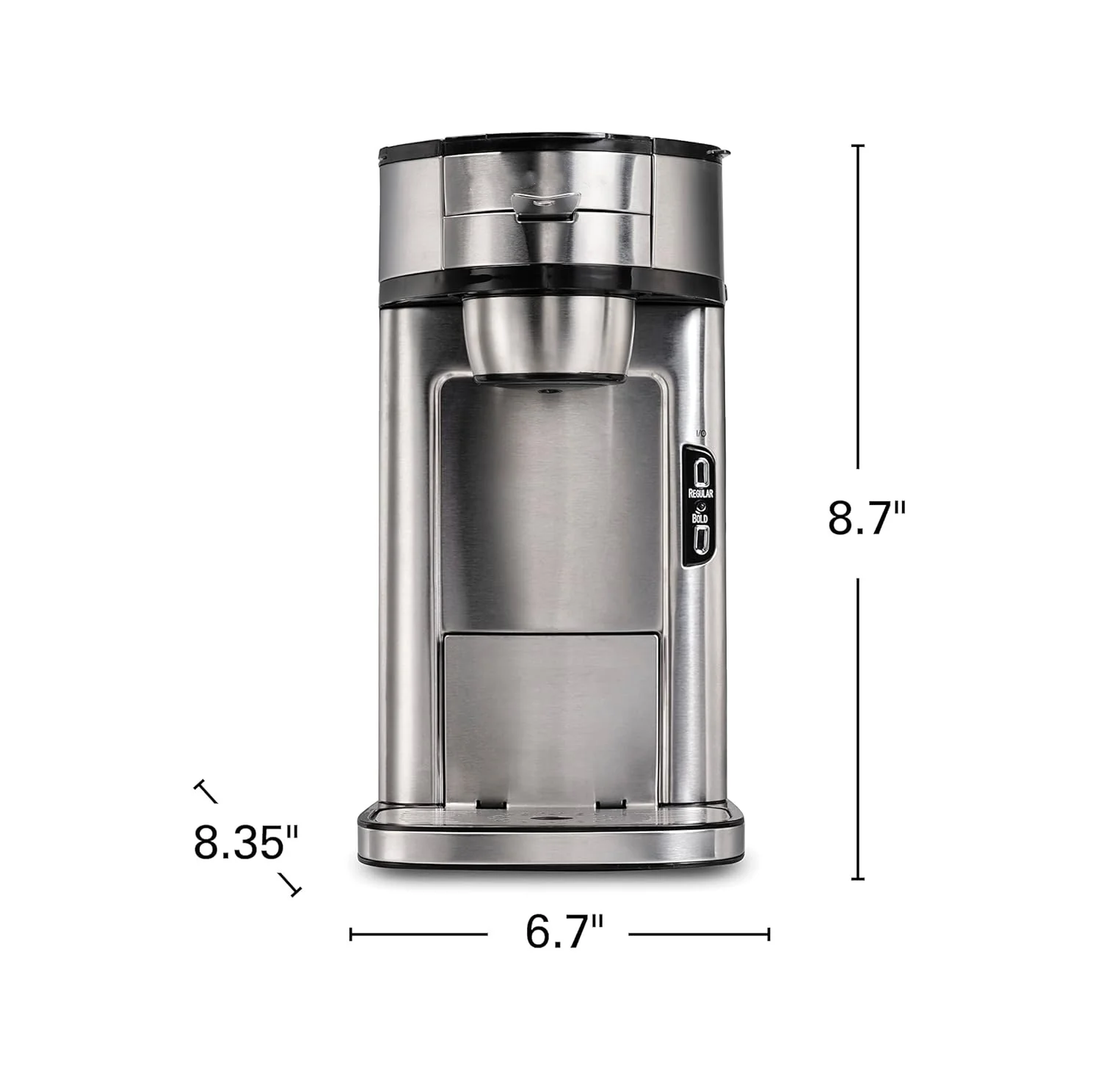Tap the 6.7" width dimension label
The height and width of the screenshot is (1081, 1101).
[564, 932]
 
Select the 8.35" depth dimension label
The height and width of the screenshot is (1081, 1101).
[247, 842]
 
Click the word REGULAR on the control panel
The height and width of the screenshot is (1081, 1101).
[700, 493]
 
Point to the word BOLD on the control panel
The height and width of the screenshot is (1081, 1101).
[700, 518]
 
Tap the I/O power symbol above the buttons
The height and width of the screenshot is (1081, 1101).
[700, 434]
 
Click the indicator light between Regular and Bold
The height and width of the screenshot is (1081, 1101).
[700, 506]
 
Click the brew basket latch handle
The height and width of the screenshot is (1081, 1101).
[545, 205]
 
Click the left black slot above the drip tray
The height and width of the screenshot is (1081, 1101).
[487, 804]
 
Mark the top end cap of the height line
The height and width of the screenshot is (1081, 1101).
[857, 147]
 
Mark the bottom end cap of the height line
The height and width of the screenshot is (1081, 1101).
[857, 878]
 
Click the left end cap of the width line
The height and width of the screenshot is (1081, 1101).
[352, 934]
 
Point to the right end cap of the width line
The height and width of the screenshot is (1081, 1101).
[768, 934]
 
